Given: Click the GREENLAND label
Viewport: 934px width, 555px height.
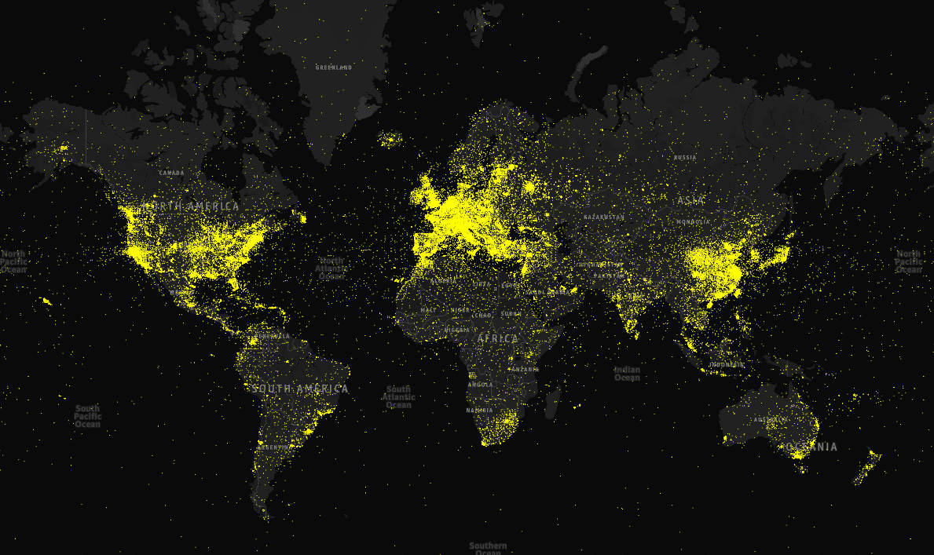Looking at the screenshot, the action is click(334, 68).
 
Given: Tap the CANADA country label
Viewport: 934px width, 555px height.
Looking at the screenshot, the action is click(171, 173).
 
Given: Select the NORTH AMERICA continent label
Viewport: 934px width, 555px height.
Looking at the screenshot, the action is click(191, 206).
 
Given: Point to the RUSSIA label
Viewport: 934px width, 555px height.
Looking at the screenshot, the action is click(685, 158).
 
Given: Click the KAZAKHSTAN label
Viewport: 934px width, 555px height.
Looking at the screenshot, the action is click(605, 217).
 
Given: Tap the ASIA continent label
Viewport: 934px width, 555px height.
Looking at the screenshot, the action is click(691, 201).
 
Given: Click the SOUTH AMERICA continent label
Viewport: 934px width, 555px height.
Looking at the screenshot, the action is click(300, 389).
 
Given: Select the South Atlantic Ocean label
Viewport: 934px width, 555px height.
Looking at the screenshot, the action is click(398, 397).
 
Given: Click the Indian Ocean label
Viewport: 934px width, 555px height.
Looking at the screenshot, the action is click(627, 374).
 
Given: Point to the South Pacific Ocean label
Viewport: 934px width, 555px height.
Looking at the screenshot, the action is click(87, 416).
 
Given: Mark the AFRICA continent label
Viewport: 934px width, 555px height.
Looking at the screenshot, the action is click(498, 338).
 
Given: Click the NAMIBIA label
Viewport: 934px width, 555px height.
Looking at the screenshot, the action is click(479, 411).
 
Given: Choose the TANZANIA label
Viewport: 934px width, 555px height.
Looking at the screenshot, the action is click(524, 369).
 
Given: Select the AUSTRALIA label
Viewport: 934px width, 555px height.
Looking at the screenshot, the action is click(770, 420).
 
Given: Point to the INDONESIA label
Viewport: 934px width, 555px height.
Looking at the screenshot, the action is click(727, 365).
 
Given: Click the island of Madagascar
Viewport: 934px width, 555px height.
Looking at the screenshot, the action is click(552, 403).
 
